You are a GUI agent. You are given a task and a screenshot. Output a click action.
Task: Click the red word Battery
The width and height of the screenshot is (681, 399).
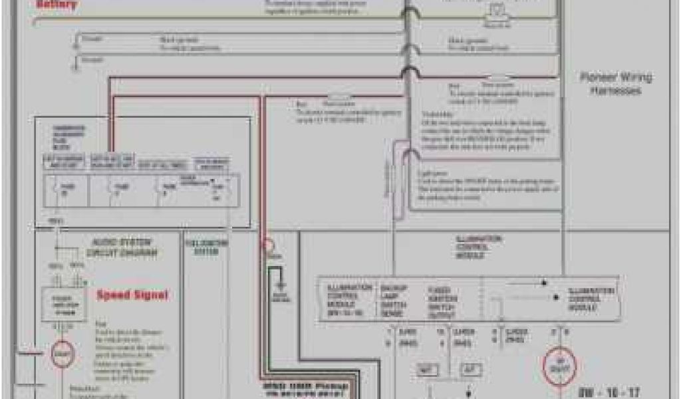tap(57, 5)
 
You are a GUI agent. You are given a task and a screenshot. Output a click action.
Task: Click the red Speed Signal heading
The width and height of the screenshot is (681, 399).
tap(133, 295)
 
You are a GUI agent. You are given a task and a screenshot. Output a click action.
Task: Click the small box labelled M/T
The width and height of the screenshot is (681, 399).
tap(427, 370)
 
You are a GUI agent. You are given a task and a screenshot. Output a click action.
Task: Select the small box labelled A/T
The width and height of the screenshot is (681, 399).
tap(470, 370)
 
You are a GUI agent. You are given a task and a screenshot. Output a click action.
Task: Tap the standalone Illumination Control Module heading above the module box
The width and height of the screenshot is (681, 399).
tap(479, 247)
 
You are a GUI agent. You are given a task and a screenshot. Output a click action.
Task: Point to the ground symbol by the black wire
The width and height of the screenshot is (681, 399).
tap(281, 286)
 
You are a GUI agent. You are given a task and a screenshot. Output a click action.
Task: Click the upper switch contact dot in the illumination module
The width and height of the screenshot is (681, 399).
tap(543, 282)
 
